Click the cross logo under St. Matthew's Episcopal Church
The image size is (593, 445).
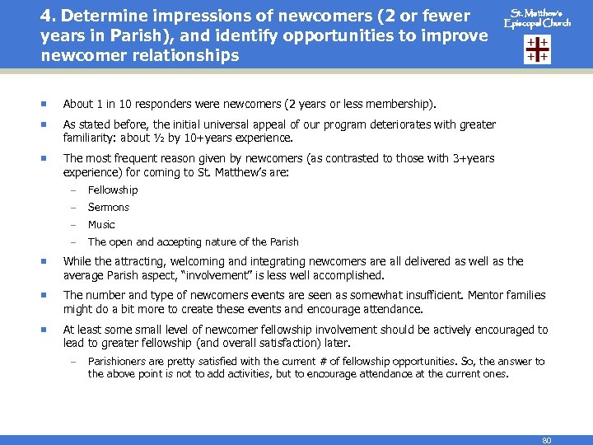coord(537,49)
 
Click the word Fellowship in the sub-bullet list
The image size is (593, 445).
coord(113,190)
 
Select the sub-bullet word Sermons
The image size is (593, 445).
coord(109,207)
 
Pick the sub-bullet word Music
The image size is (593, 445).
coord(101,224)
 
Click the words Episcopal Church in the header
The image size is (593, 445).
coord(538,24)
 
